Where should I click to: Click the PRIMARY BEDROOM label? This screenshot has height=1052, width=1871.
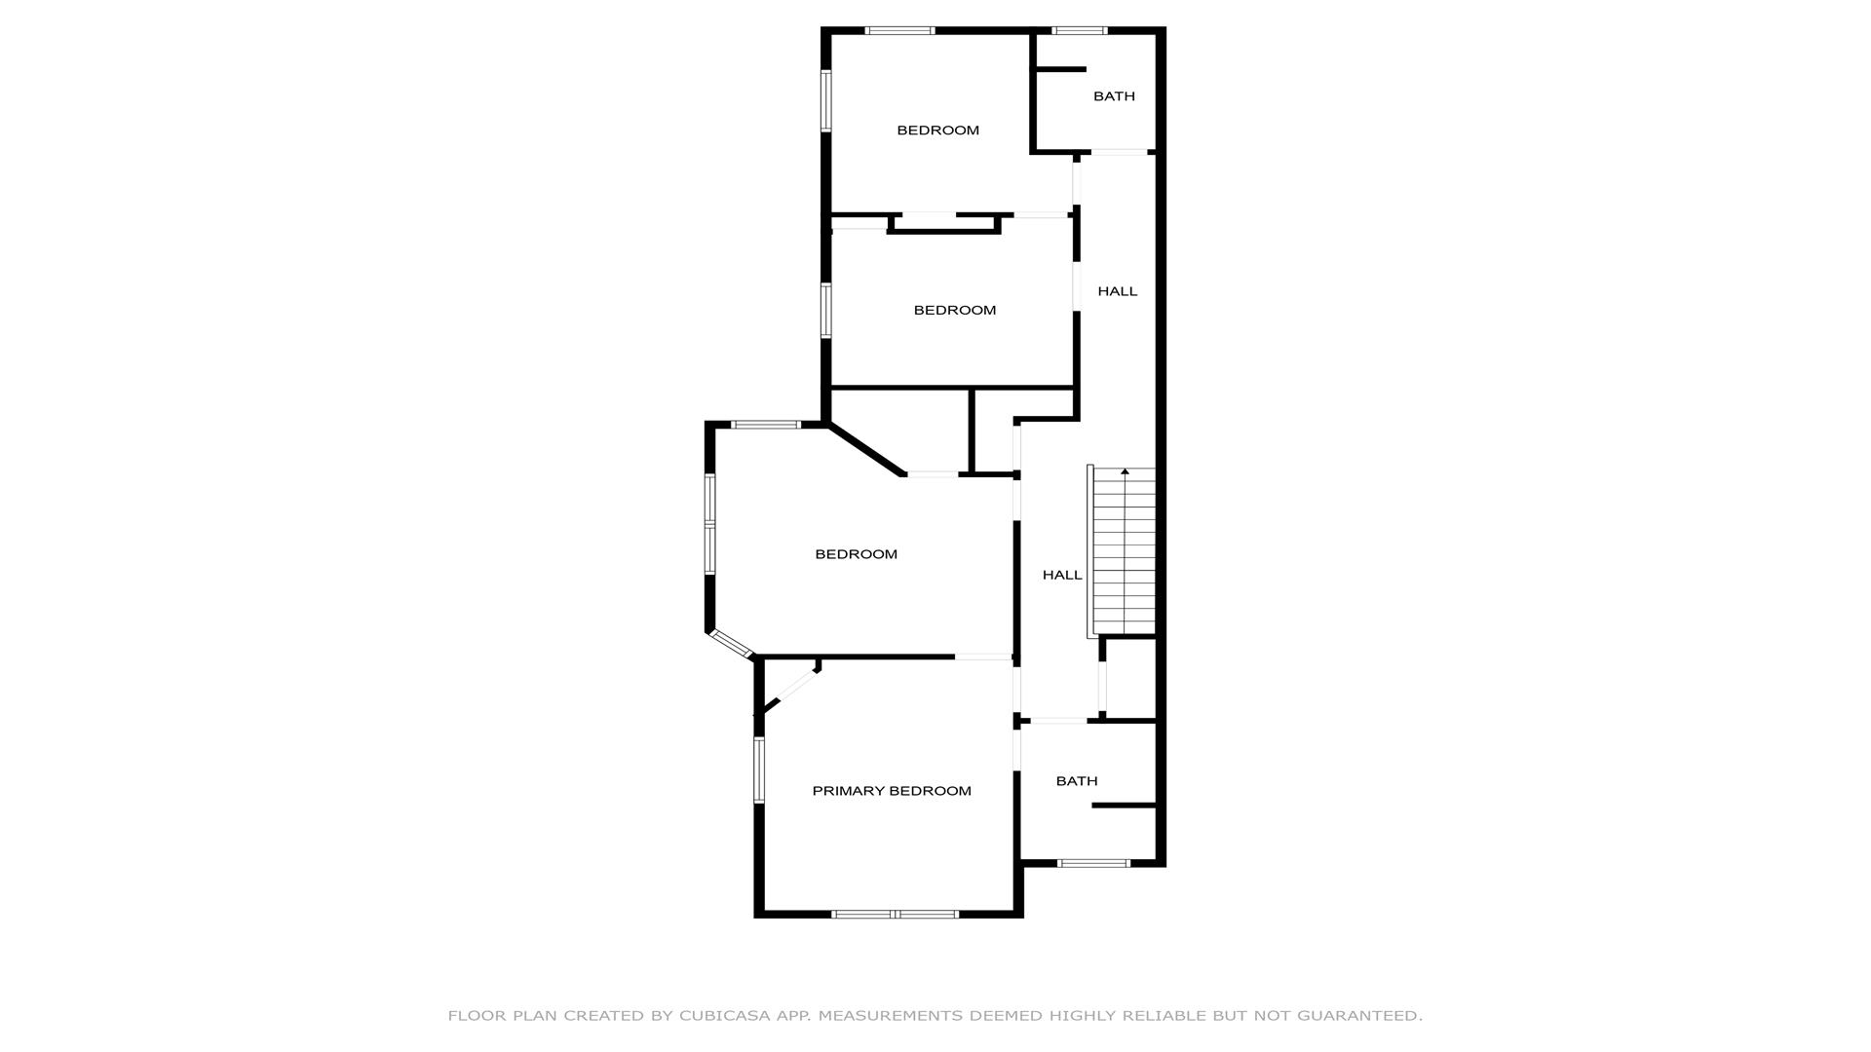892,791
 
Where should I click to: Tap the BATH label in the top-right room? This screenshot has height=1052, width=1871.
1114,96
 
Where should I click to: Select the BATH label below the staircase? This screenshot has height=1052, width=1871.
1077,781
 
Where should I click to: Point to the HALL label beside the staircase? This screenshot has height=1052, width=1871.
1062,576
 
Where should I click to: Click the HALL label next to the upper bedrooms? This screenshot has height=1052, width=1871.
1118,291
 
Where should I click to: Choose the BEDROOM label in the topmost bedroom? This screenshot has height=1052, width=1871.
937,131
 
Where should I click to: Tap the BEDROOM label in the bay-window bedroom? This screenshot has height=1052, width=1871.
856,554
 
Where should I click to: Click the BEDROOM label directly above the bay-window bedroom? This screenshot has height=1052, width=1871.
954,311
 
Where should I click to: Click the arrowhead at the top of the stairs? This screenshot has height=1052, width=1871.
1126,471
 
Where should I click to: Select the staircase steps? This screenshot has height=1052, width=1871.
1125,552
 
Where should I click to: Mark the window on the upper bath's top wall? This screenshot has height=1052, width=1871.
1080,30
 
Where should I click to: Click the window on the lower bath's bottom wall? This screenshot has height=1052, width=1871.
1094,863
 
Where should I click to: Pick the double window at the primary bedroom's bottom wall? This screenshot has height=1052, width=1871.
895,914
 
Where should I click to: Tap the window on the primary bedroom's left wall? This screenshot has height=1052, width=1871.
759,770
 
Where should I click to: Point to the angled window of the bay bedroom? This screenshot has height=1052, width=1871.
731,644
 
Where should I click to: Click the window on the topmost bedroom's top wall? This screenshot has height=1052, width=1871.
899,30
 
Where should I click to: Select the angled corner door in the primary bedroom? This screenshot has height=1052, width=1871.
791,691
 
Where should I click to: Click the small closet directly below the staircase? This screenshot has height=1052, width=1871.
1130,679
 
